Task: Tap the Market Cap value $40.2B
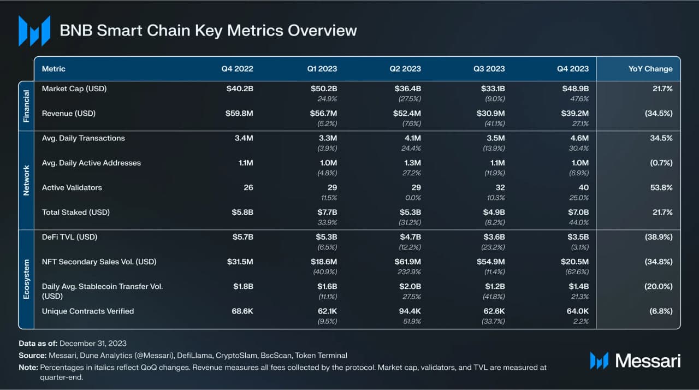pos(240,88)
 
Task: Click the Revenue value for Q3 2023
pos(490,114)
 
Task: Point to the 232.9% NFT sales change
pos(409,272)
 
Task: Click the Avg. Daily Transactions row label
pos(83,138)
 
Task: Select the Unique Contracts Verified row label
pos(87,311)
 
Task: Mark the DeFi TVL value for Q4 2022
pos(240,237)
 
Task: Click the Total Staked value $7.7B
pos(324,212)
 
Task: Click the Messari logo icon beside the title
pos(34,31)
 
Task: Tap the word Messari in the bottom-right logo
pos(648,361)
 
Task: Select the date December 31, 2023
pos(93,344)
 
